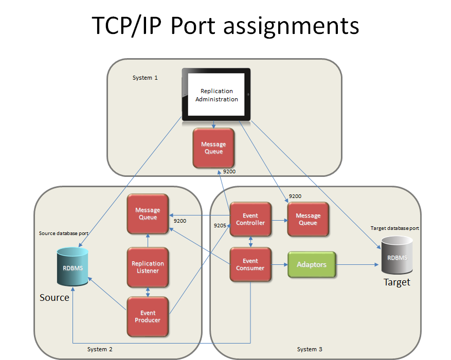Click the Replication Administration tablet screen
click(217, 95)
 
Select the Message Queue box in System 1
click(213, 148)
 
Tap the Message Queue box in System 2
click(148, 213)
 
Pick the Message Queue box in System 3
click(308, 219)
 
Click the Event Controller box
click(250, 219)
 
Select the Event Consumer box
click(250, 264)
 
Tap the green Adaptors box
click(312, 264)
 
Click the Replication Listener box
click(148, 267)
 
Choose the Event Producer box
click(148, 316)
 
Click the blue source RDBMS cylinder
click(73, 267)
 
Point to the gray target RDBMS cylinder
click(397, 256)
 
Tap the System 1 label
click(145, 78)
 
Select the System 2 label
click(100, 349)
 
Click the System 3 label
click(310, 349)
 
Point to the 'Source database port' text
click(63, 233)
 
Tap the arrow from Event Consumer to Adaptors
click(279, 265)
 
